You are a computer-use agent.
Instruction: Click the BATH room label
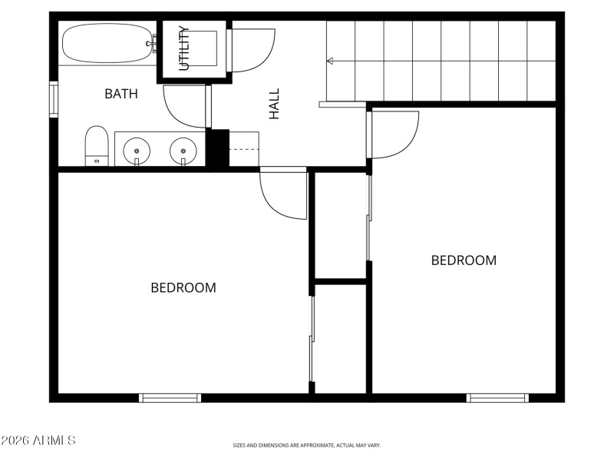(x=121, y=95)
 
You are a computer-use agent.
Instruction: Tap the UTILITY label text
(x=184, y=49)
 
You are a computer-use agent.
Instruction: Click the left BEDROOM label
(x=183, y=288)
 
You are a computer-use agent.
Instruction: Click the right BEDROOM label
(x=464, y=260)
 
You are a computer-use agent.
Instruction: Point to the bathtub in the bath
(x=107, y=45)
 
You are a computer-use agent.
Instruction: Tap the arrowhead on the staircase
(x=330, y=61)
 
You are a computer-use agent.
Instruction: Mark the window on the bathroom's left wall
(x=53, y=99)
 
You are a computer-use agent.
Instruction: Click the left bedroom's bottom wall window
(x=170, y=397)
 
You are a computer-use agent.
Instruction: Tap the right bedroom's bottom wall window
(x=497, y=397)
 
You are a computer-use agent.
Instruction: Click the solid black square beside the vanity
(x=217, y=148)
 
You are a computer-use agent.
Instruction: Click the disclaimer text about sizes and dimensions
(x=306, y=445)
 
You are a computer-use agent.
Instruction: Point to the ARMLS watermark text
(x=38, y=440)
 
